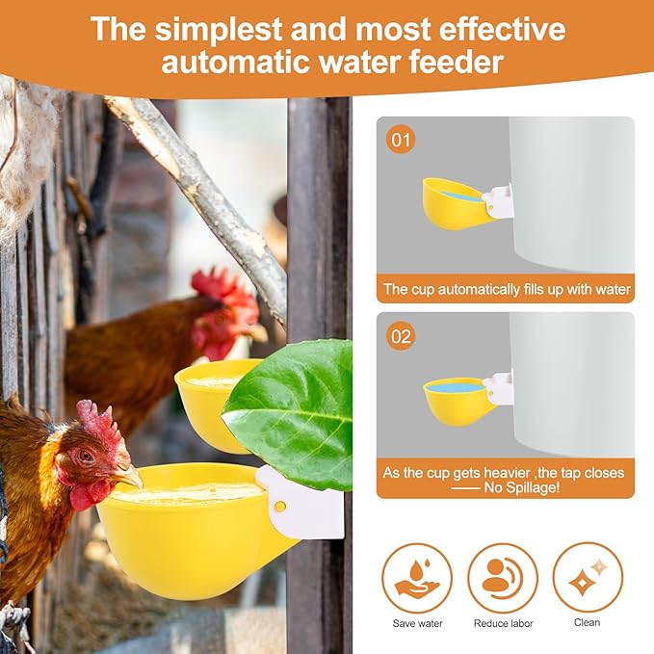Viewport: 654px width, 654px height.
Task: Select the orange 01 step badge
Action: point(401,141)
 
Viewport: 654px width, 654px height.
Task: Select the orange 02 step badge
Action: point(401,336)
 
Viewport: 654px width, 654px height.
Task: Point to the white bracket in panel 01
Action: point(498,200)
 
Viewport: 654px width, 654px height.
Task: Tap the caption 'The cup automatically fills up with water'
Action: point(507,289)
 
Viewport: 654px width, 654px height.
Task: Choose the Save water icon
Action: point(416,578)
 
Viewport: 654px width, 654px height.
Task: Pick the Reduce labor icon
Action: point(503,578)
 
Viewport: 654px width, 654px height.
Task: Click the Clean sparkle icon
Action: point(588,578)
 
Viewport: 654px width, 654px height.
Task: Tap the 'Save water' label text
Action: point(417,623)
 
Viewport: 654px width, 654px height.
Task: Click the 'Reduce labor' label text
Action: point(503,623)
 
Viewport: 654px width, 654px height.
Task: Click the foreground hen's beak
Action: point(130,478)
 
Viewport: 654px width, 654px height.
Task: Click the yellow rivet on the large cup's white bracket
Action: point(279,506)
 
